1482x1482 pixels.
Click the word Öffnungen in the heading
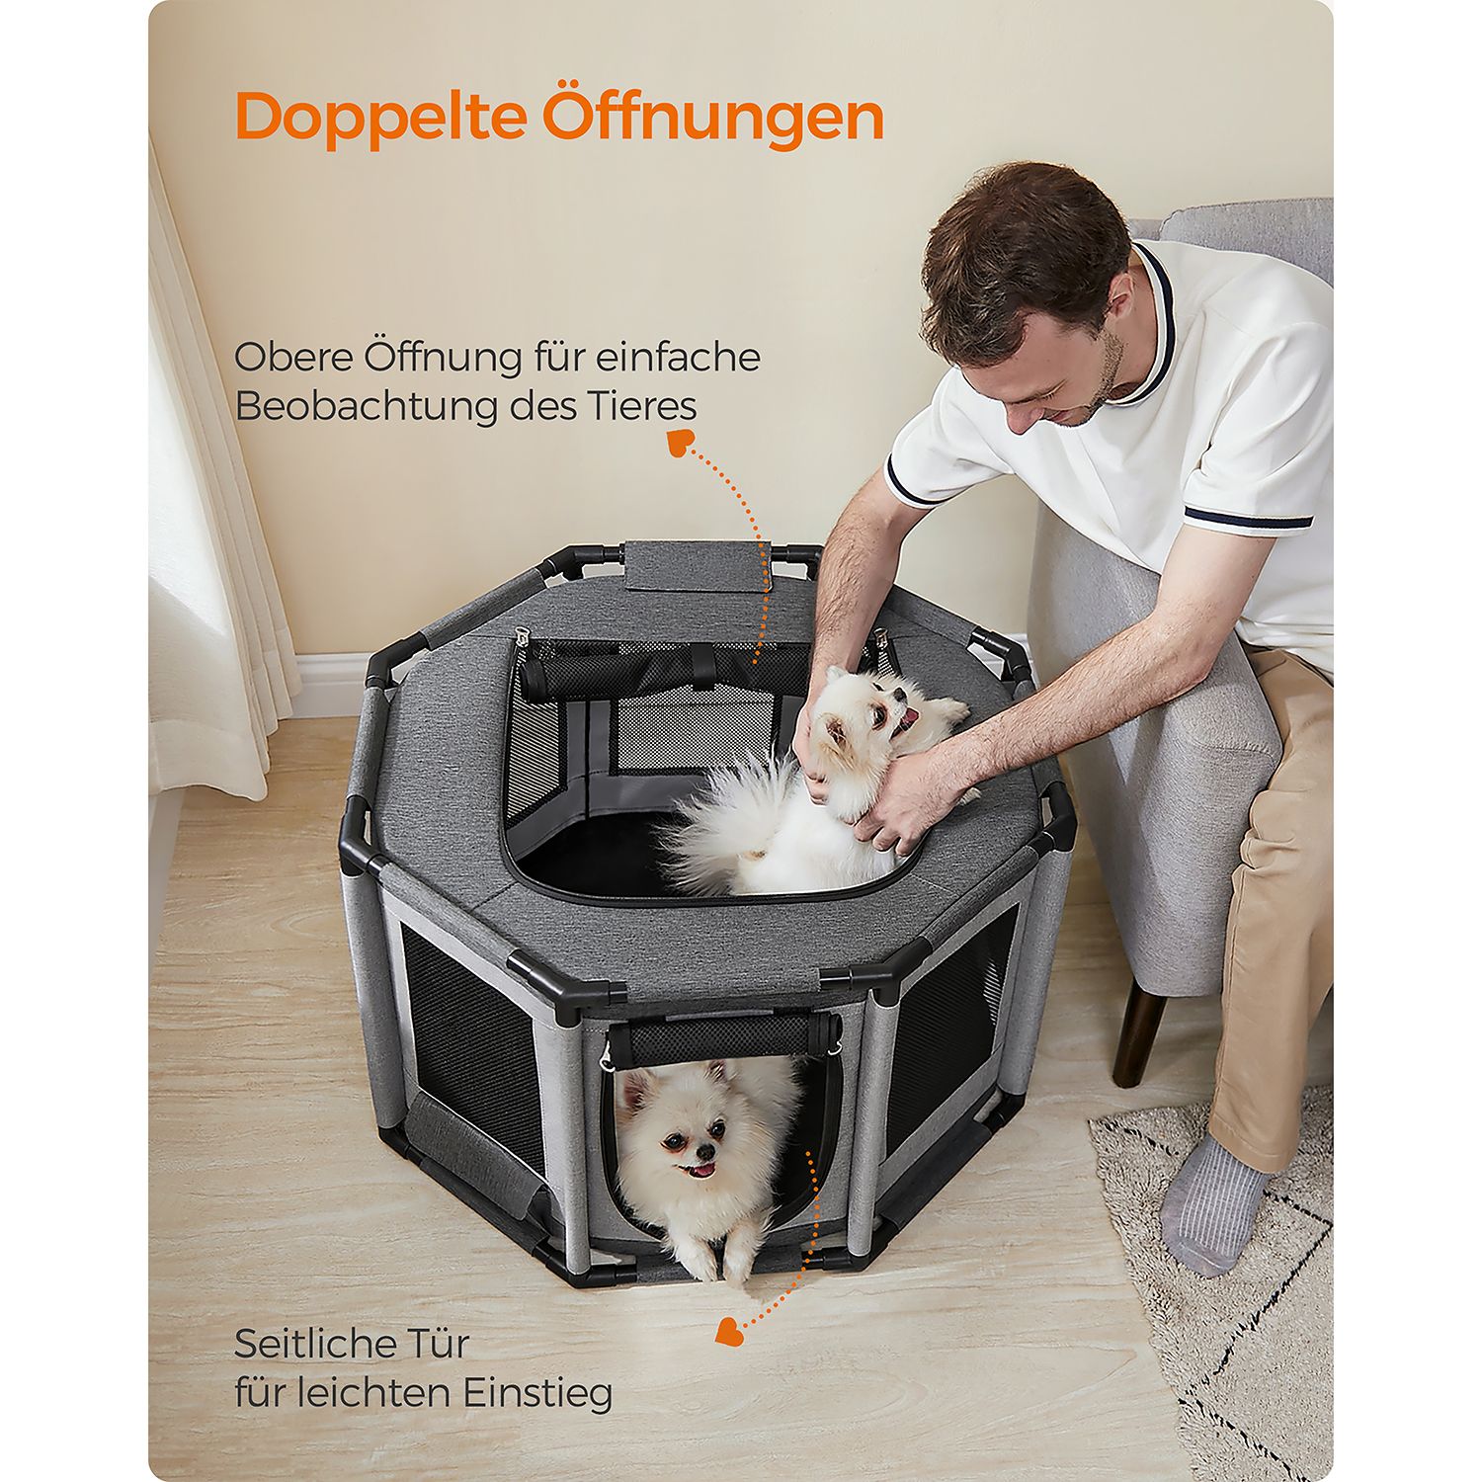click(x=712, y=116)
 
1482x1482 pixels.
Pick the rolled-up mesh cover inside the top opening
click(x=662, y=676)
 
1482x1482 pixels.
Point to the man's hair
click(x=1023, y=252)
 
